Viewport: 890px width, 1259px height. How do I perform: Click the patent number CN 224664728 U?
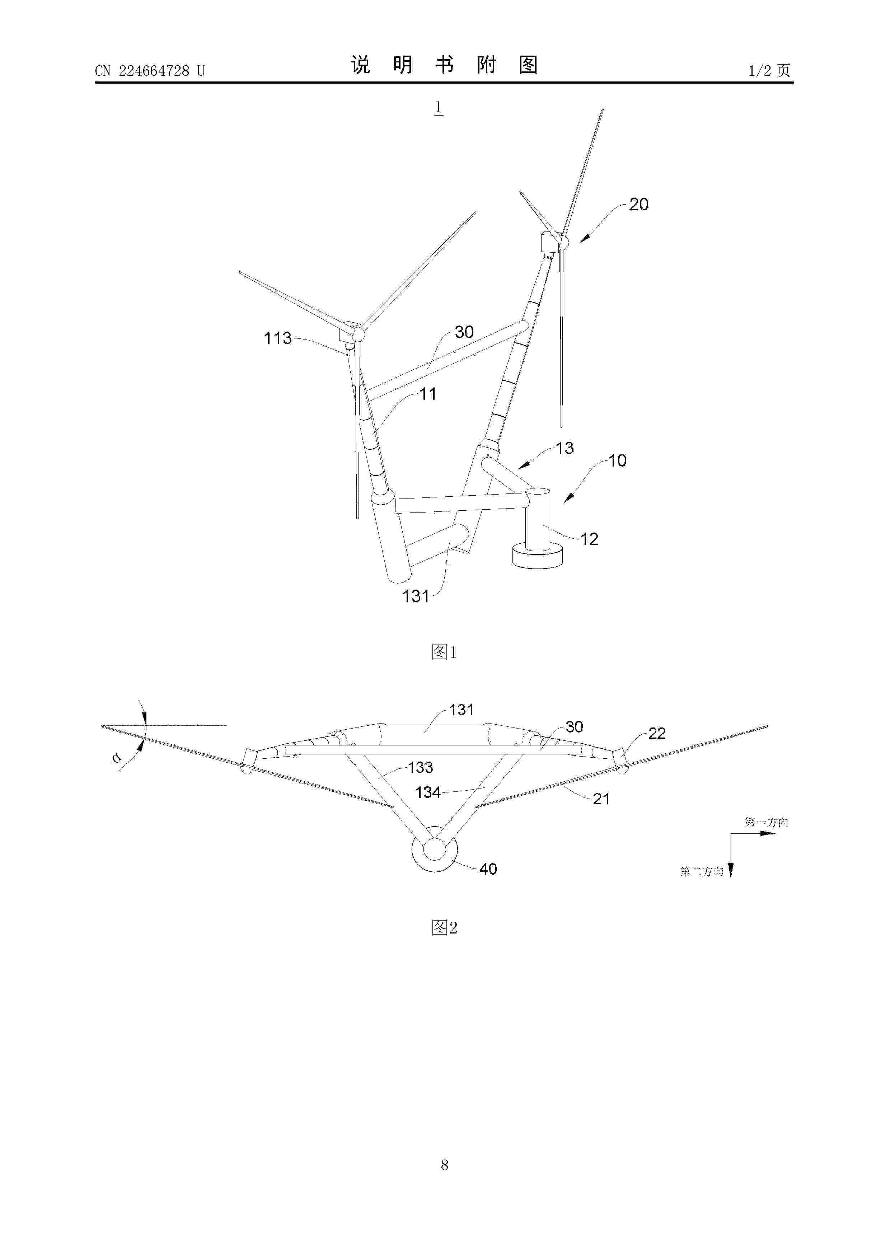click(x=149, y=71)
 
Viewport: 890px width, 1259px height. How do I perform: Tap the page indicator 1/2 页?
click(x=769, y=70)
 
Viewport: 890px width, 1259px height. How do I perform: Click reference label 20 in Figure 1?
click(x=639, y=205)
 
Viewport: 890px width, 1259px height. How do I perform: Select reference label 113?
click(x=278, y=338)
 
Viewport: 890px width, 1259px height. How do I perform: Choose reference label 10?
click(x=618, y=460)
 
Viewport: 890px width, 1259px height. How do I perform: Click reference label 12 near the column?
click(x=590, y=539)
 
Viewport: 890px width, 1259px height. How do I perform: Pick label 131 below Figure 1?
click(x=416, y=596)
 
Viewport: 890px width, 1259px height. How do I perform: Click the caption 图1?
click(x=444, y=652)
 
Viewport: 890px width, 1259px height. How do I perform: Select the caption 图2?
click(x=444, y=928)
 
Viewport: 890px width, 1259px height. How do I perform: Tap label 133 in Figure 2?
click(x=421, y=767)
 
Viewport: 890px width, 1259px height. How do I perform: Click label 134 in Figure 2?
click(x=428, y=792)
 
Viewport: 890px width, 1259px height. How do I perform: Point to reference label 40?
click(x=488, y=869)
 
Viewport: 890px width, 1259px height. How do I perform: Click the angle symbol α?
click(x=116, y=759)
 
